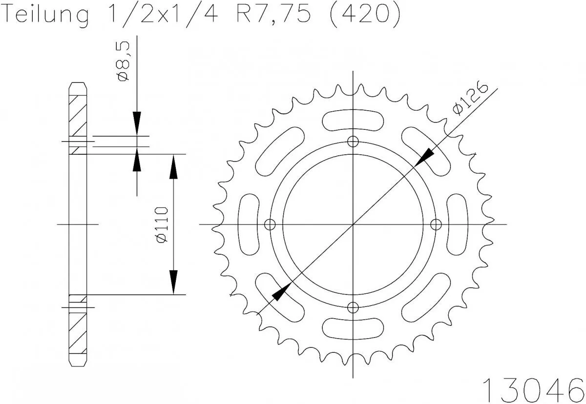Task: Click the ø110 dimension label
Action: pos(162,224)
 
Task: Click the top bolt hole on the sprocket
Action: pos(353,141)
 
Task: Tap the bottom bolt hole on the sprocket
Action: pos(353,307)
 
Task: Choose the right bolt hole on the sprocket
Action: pos(436,224)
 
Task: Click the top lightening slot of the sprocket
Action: pos(353,120)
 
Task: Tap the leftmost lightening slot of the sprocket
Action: pos(249,224)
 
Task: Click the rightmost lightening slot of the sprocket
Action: pos(458,224)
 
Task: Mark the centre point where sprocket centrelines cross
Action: pos(353,224)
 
